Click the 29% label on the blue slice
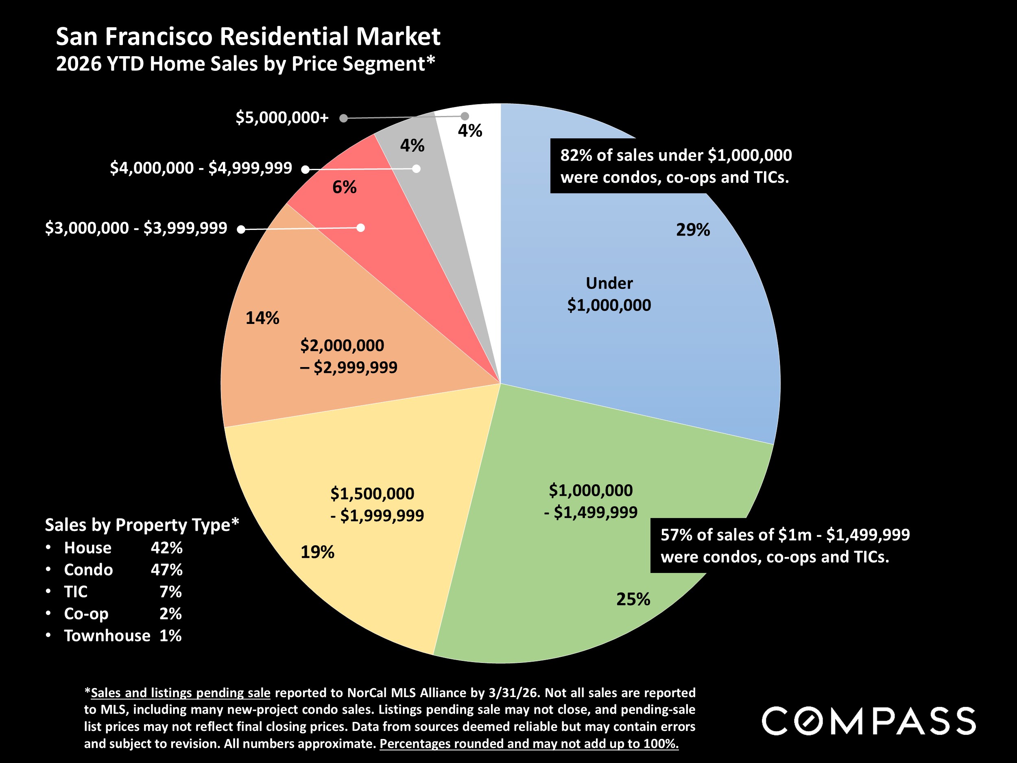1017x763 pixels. [x=693, y=230]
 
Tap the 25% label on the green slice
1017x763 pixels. [x=633, y=599]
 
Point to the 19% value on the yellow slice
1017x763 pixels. [x=317, y=551]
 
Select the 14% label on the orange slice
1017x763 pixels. [x=262, y=318]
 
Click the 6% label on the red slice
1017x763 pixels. [x=345, y=187]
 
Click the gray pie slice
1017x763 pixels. [x=437, y=207]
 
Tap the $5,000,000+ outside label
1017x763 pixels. [x=282, y=118]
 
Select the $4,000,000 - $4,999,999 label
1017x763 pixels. [x=201, y=168]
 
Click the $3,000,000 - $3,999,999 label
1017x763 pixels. [x=136, y=227]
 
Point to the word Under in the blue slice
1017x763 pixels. [x=609, y=283]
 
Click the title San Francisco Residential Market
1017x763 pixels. [x=248, y=36]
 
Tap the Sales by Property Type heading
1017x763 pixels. [x=142, y=525]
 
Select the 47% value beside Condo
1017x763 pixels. [x=166, y=569]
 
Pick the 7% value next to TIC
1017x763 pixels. [x=170, y=591]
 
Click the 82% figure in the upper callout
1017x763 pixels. [x=576, y=155]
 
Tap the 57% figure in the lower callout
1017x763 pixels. [x=677, y=535]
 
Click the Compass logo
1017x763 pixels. [x=869, y=721]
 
